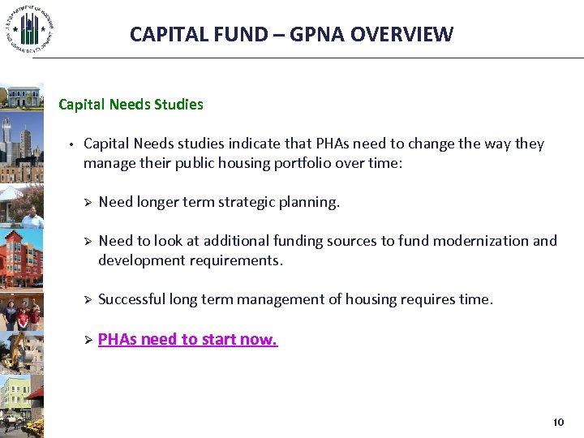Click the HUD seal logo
point(29,29)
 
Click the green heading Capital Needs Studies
point(131,105)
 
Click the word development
point(136,260)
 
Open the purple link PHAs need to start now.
point(187,339)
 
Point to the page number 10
point(557,423)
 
